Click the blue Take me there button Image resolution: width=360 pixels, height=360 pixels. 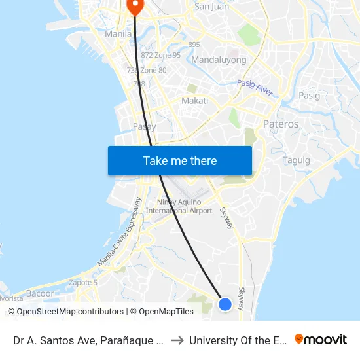(x=180, y=160)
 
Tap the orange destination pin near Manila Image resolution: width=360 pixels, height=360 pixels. (x=135, y=7)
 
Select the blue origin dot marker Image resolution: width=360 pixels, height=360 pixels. (x=225, y=304)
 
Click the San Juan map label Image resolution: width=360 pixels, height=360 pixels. (x=211, y=7)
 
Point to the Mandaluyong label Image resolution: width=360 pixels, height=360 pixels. (x=219, y=60)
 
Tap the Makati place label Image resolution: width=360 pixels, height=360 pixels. (x=194, y=101)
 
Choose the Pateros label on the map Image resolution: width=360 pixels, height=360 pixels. (x=280, y=124)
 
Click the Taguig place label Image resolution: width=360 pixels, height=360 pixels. (x=296, y=160)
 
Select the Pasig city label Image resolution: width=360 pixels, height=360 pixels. (x=310, y=96)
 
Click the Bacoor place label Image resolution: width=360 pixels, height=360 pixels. (x=40, y=293)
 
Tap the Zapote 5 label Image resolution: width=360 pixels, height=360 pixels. (x=83, y=283)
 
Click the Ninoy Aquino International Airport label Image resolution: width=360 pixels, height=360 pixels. (x=179, y=206)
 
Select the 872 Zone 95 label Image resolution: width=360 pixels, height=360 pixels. (x=160, y=55)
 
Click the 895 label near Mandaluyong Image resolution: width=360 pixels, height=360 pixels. (x=194, y=45)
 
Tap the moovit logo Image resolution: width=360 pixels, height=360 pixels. (x=320, y=340)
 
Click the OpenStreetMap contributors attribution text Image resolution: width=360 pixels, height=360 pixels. (x=65, y=312)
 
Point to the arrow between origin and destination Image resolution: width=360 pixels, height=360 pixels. (x=177, y=340)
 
